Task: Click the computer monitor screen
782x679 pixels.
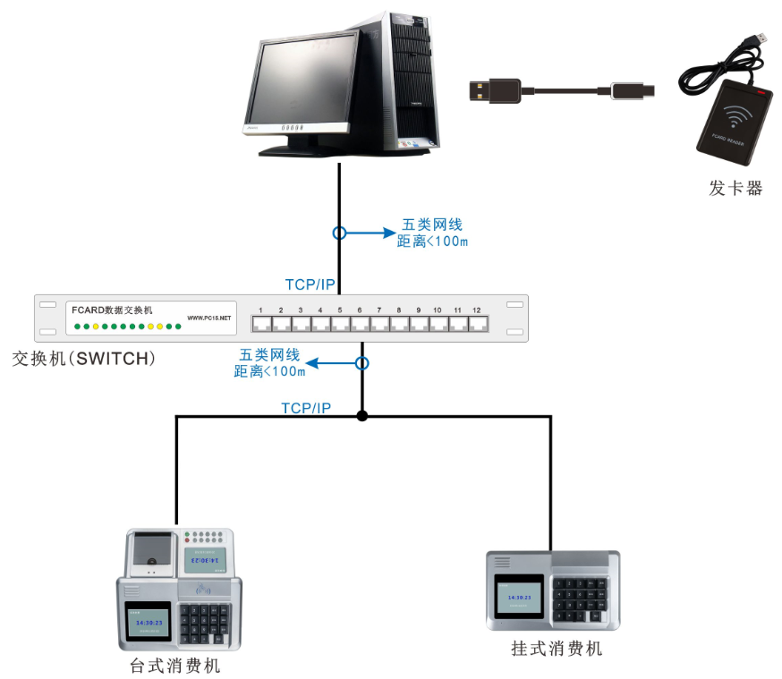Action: click(300, 81)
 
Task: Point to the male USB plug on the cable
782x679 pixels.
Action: click(494, 89)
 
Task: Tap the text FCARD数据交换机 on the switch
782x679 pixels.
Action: click(112, 310)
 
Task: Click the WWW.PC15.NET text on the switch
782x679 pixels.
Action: click(209, 318)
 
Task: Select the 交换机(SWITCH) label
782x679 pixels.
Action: click(84, 359)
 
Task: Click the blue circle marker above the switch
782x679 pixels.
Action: click(339, 233)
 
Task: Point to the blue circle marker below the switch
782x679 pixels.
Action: click(361, 363)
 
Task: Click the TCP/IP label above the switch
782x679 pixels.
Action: click(310, 284)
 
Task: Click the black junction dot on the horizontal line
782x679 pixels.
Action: click(361, 416)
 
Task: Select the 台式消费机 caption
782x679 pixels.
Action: click(175, 666)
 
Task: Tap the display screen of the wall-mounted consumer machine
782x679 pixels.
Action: click(519, 597)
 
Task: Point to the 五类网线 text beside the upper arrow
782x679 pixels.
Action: click(432, 225)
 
